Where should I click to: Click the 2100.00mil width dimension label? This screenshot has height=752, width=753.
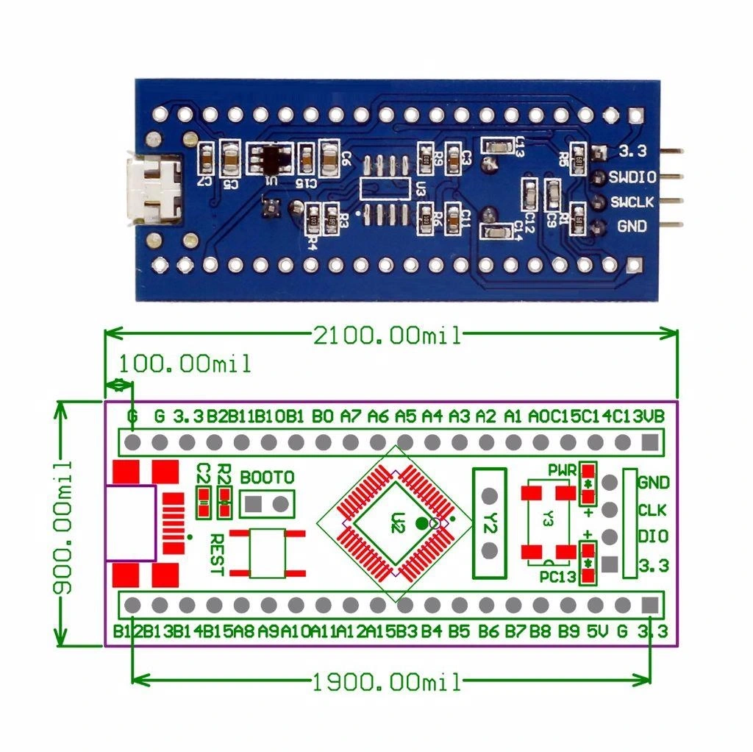pos(388,336)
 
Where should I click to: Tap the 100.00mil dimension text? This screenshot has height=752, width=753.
pos(185,363)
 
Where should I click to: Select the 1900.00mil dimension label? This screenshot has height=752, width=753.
pos(388,682)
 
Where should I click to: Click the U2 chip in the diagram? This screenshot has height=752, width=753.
pos(398,524)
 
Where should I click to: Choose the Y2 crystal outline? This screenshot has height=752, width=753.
pos(492,523)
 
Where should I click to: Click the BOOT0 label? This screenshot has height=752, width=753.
pos(267,477)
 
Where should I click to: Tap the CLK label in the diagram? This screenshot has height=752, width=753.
pos(652,509)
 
